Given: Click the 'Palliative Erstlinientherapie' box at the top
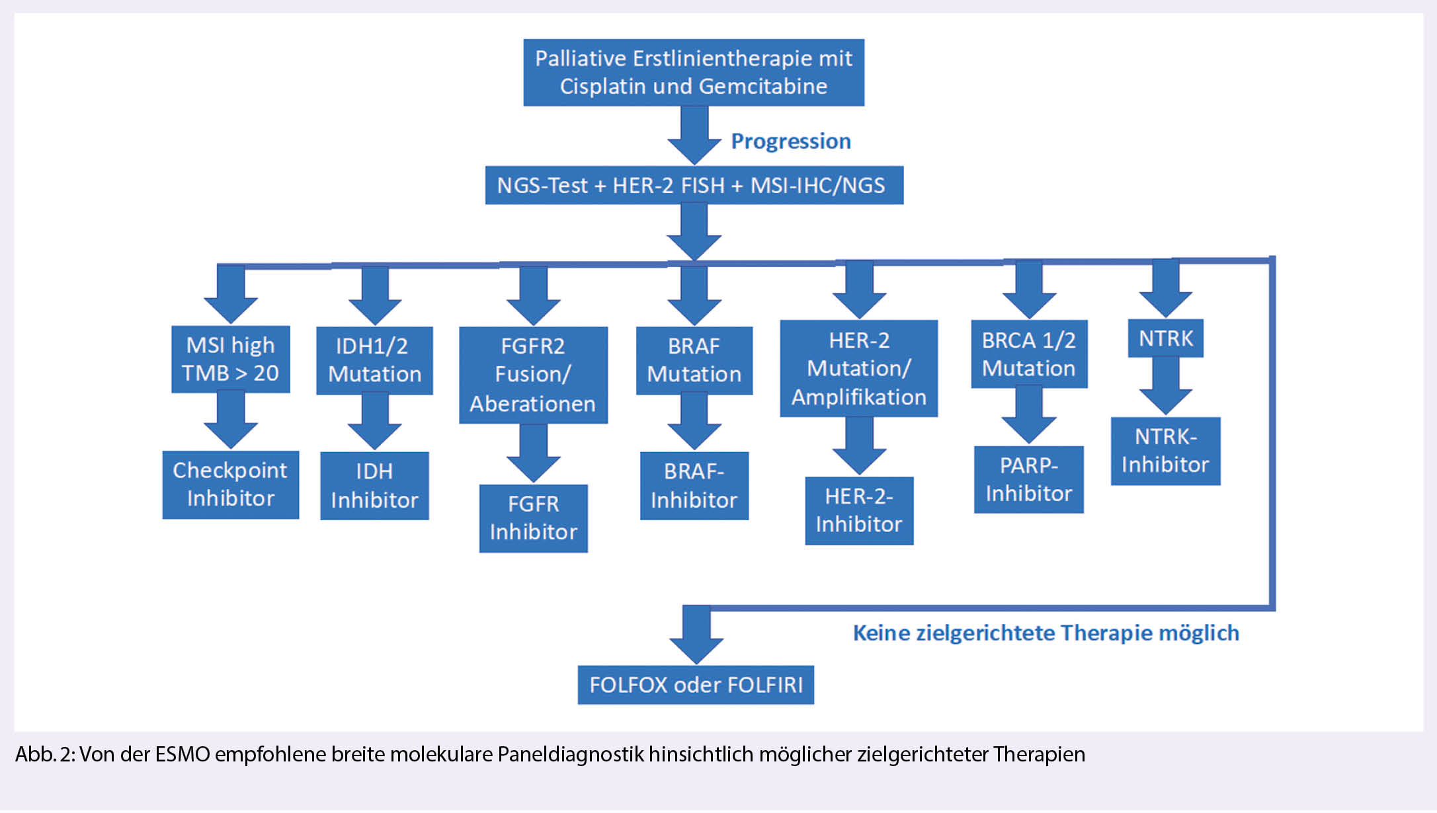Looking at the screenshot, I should pos(694,73).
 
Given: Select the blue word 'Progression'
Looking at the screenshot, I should pos(791,141).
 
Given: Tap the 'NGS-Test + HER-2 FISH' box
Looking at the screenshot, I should pos(694,185).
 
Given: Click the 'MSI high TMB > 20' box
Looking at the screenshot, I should pos(230,360).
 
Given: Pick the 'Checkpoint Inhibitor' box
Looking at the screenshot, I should pos(230,484).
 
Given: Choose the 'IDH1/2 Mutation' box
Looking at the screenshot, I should pos(374,360).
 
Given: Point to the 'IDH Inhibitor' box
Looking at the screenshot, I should pos(374,486).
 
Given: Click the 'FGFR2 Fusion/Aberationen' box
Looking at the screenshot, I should pos(533,375).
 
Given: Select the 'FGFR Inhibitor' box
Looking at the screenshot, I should pos(533,518).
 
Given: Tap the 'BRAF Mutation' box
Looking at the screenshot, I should pos(694,360).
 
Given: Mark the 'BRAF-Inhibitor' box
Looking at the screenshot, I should pos(694,486).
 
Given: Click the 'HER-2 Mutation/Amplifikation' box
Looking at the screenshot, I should pos(858,369).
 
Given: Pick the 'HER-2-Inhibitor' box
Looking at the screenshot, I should pos(858,510).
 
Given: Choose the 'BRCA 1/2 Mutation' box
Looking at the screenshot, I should pos(1028,354).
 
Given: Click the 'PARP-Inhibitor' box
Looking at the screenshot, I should pos(1028,480).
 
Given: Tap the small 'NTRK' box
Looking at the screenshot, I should pos(1165,338).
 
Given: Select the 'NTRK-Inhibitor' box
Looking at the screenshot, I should pos(1165,451).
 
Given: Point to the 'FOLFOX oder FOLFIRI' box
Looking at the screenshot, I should pos(696,685).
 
